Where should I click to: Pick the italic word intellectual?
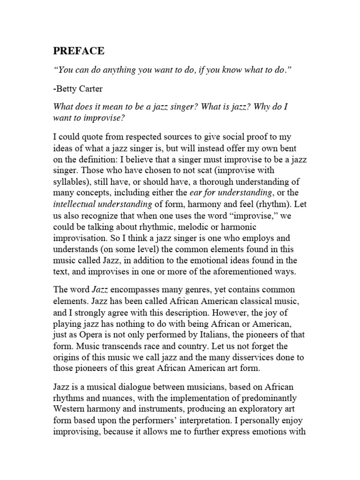tap(74, 204)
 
